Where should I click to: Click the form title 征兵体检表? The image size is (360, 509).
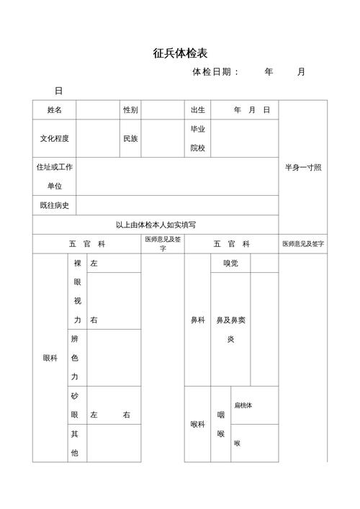[181, 53]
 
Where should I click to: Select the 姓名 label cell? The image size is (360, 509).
[55, 110]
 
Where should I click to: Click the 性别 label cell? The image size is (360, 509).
[130, 110]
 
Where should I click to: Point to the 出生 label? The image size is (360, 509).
[198, 110]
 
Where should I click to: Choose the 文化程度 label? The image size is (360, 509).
[55, 138]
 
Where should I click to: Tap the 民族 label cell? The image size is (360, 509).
[130, 138]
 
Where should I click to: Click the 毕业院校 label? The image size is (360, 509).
[198, 138]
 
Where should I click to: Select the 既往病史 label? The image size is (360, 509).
[55, 205]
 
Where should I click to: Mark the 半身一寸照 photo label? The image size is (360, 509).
[303, 167]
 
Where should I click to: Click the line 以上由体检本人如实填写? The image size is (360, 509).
[156, 225]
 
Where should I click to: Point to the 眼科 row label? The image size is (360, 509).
[50, 357]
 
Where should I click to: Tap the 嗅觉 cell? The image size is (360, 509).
[230, 263]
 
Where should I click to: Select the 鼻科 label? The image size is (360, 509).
[197, 320]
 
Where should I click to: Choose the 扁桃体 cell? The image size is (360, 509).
[243, 405]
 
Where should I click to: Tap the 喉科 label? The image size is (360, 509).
[197, 424]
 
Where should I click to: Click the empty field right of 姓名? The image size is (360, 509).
[97, 110]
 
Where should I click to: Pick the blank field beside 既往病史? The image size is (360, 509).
[177, 205]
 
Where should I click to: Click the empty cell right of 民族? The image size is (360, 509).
[162, 138]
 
